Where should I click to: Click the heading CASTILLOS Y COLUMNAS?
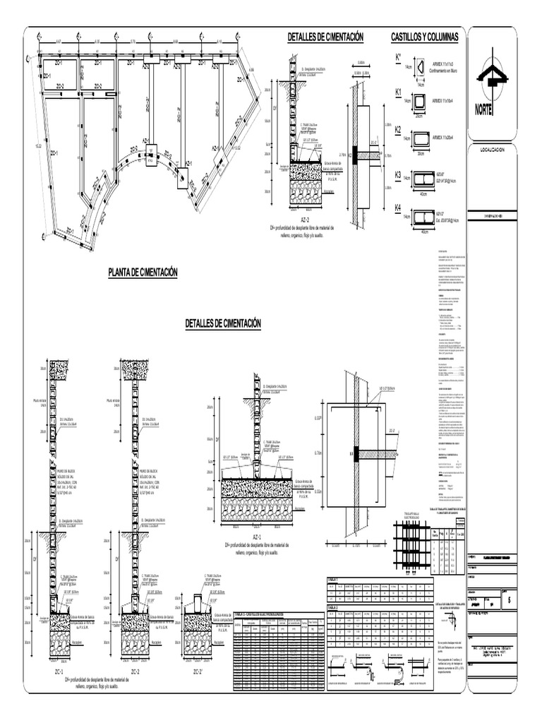425,36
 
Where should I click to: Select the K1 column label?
398,92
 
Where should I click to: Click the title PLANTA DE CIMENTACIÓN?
143,273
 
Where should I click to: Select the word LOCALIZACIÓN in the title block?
493,150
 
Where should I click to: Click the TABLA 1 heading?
333,578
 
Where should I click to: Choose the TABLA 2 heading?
333,607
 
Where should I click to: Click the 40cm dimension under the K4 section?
424,231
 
